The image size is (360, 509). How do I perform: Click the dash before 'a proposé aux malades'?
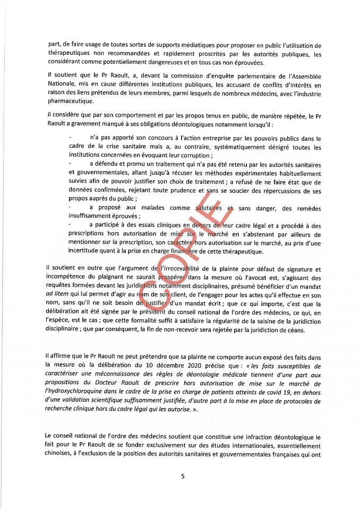pyautogui.click(x=71, y=207)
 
